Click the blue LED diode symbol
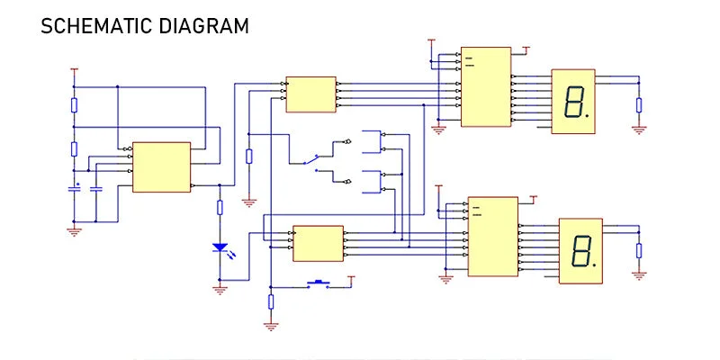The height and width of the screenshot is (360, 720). click(220, 248)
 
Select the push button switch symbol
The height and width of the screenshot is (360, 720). click(318, 283)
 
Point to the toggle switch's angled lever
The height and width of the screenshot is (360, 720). click(310, 159)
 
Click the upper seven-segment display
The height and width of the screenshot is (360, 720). click(573, 102)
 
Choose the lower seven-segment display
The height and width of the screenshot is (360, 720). click(580, 251)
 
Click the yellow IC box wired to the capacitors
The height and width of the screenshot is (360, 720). click(162, 167)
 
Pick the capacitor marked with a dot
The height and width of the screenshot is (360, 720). click(74, 189)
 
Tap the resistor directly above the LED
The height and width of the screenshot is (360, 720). click(220, 208)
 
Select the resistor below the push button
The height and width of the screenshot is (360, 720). click(271, 301)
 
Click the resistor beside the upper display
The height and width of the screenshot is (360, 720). click(639, 105)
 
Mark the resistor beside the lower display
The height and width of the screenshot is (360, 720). click(639, 251)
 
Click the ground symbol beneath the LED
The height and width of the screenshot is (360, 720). click(220, 290)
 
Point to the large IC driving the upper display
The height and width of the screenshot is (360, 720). click(486, 86)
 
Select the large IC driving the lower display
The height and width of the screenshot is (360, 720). click(493, 237)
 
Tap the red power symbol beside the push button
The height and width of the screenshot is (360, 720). click(351, 279)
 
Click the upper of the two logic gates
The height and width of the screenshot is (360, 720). click(373, 142)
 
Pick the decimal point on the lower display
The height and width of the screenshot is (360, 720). click(594, 265)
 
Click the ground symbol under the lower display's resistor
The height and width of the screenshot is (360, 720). click(639, 275)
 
